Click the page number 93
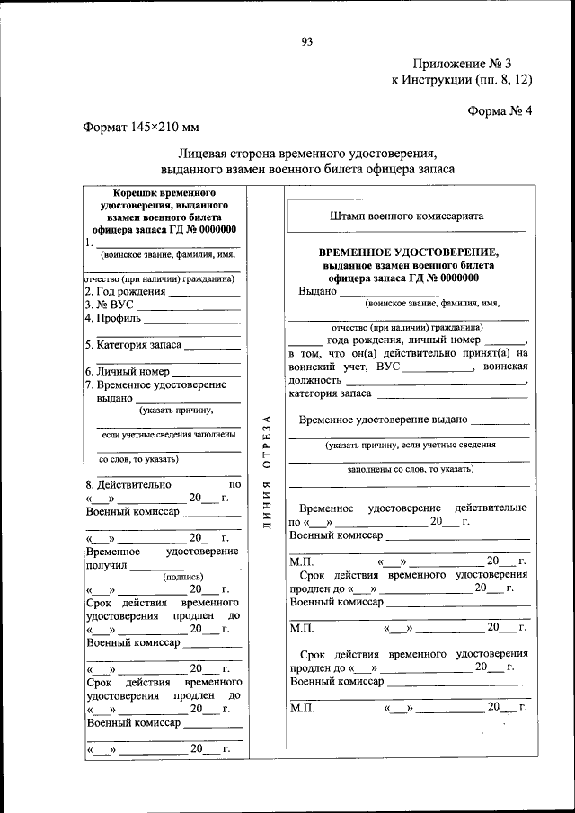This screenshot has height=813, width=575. pos(306,42)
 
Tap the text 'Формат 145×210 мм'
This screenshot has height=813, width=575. pos(140,128)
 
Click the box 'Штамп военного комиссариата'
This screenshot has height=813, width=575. pos(407,217)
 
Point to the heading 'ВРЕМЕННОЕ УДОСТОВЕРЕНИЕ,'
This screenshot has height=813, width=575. pos(408,253)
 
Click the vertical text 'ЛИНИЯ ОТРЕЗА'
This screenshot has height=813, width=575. pos(265,473)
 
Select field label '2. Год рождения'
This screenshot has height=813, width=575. pos(125,292)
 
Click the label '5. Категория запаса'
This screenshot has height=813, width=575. pos(134,344)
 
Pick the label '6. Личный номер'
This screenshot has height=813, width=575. pos(127,370)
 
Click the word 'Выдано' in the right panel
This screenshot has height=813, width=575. pos(317,291)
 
